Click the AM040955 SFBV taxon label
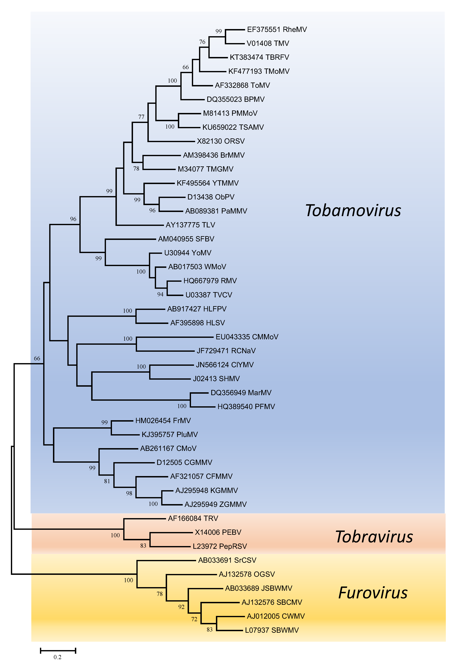click(186, 239)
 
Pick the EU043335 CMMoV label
click(247, 337)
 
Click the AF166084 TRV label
click(193, 518)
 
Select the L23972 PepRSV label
click(220, 546)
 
